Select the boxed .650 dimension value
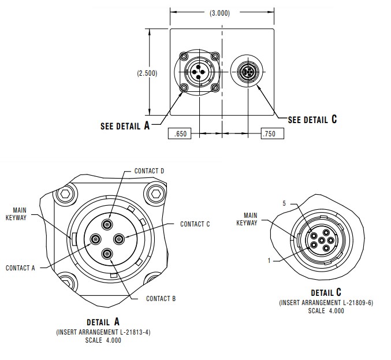[180, 134]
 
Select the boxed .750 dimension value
[269, 134]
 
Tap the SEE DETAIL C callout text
[312, 120]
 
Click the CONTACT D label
[150, 171]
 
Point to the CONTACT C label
[195, 224]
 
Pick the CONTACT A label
[21, 268]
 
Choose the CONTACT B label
[161, 299]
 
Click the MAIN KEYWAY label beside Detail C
[247, 220]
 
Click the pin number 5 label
[284, 204]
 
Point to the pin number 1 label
[269, 261]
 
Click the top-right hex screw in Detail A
[154, 193]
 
